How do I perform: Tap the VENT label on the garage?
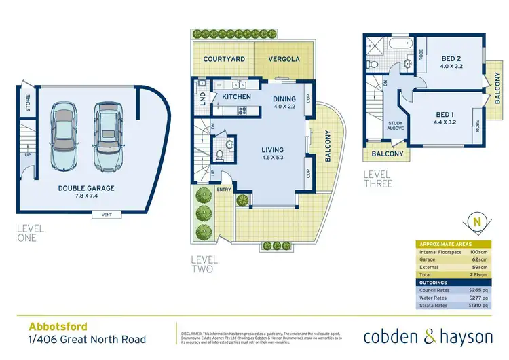pyautogui.click(x=107, y=215)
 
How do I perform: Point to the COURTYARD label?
pyautogui.click(x=224, y=60)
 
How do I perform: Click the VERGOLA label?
pyautogui.click(x=281, y=60)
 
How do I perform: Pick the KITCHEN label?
pyautogui.click(x=237, y=97)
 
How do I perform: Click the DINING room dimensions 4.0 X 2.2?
pyautogui.click(x=286, y=106)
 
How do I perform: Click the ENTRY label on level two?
pyautogui.click(x=224, y=190)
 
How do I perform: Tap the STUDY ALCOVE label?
pyautogui.click(x=396, y=127)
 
